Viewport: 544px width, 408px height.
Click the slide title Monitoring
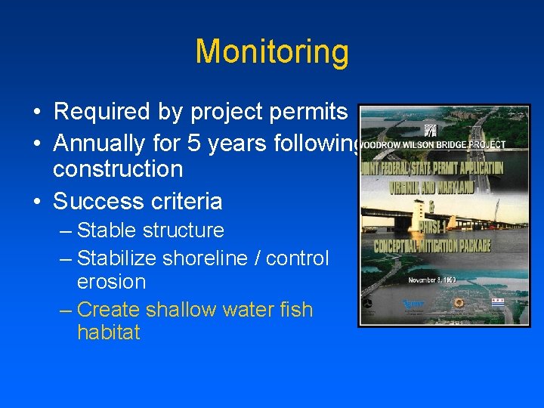[x=272, y=52]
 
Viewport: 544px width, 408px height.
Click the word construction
[x=118, y=169]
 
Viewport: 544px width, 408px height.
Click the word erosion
[x=111, y=282]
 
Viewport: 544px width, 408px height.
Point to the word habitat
[x=109, y=333]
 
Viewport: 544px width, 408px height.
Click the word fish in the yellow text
[x=293, y=310]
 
